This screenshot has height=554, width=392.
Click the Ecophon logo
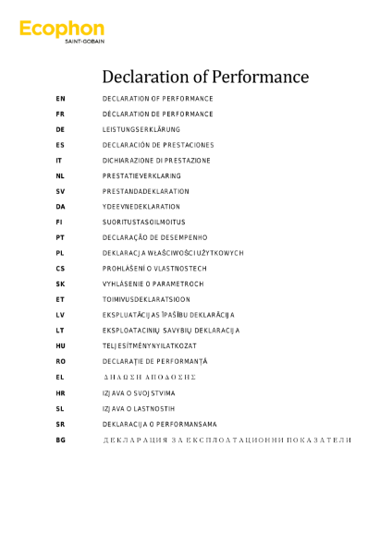point(61,30)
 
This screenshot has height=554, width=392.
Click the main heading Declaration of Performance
point(205,76)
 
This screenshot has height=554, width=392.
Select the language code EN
point(60,98)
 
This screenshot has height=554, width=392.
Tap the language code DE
point(60,129)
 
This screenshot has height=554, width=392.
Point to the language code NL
point(60,175)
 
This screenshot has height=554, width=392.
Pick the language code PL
point(60,253)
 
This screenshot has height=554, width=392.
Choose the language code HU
point(60,345)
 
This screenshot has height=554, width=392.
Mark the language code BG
point(60,440)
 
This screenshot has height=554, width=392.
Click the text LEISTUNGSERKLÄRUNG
point(141,129)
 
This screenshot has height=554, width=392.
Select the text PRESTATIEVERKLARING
point(141,175)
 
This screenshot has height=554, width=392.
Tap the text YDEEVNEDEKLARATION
point(141,207)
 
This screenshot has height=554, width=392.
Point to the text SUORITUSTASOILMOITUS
point(143,223)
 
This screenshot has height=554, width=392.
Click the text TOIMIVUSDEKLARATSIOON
point(146,299)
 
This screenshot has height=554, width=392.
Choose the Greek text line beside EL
point(149,377)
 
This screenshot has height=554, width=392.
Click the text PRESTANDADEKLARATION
point(145,191)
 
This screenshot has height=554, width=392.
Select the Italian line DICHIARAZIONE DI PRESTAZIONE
point(156,161)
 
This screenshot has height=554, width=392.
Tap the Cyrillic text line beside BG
point(227,440)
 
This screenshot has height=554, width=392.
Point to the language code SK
point(60,283)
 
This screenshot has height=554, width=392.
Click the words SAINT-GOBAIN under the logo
point(83,42)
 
